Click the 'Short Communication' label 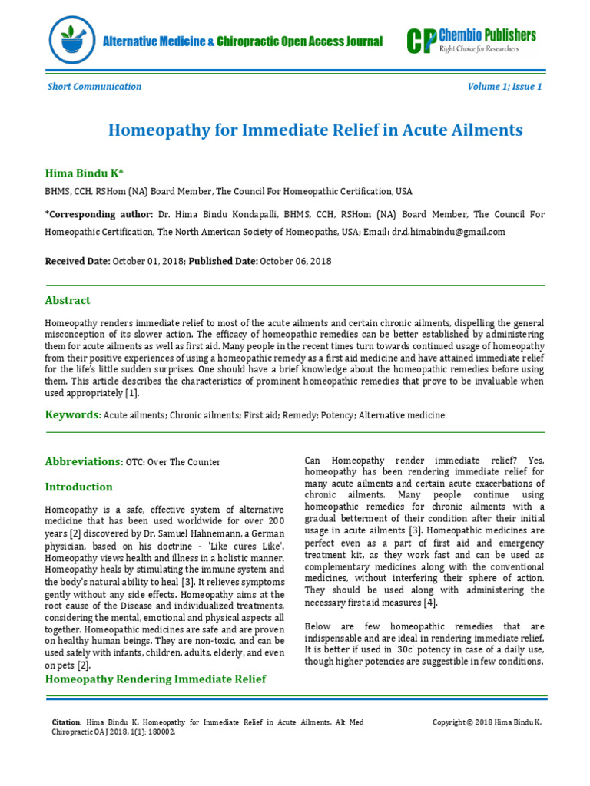94,87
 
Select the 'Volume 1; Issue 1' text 505,87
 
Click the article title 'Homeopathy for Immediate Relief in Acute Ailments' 315,130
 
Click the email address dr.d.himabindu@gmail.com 449,232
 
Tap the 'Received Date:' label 78,261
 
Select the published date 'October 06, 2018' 296,261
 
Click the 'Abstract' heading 68,300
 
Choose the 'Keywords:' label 73,414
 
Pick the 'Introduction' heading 78,487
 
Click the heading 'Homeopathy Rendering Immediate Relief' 156,679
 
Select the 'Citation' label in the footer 65,722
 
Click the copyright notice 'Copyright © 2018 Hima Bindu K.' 487,722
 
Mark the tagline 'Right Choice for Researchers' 479,48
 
